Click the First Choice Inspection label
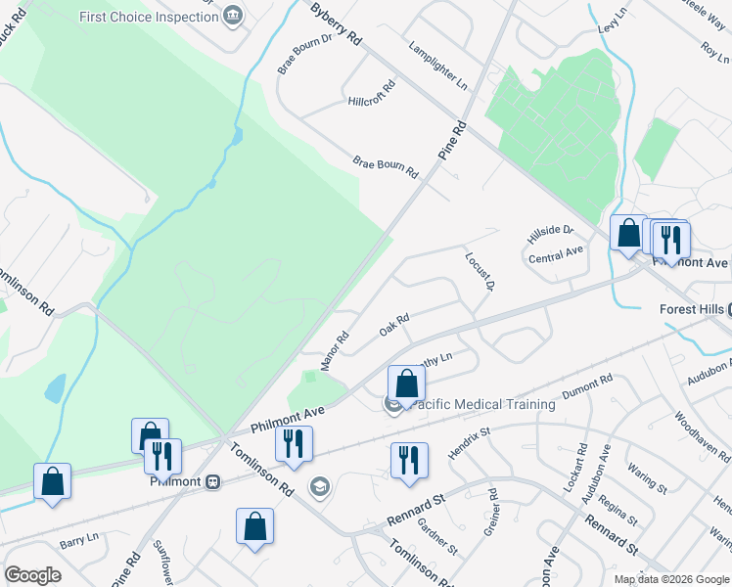(148, 17)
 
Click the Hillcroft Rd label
(371, 94)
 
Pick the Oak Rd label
(393, 323)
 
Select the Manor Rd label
(335, 351)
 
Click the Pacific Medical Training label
(482, 404)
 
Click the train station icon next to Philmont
(212, 481)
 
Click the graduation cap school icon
(318, 485)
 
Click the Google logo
(33, 574)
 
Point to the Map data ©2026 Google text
(670, 579)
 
